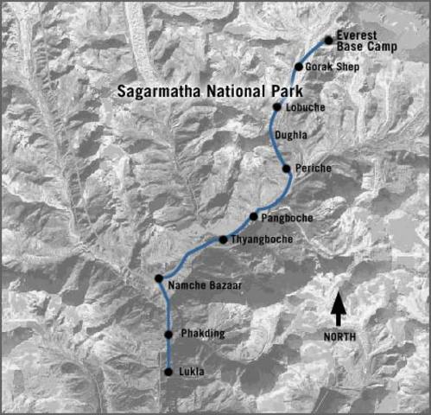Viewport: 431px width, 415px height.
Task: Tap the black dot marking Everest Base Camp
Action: [328, 40]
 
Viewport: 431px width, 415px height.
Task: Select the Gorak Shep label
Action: [332, 67]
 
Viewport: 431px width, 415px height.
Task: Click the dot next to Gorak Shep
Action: [299, 67]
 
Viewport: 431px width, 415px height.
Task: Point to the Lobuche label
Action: [304, 107]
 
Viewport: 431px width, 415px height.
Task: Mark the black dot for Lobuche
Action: [277, 107]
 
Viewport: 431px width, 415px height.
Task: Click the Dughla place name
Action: [291, 135]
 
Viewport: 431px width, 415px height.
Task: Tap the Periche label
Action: [313, 168]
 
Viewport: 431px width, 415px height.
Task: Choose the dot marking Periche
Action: [287, 169]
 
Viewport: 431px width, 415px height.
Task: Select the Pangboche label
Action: [288, 217]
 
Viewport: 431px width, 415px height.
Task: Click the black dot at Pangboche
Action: [254, 216]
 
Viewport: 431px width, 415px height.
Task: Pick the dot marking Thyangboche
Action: [223, 239]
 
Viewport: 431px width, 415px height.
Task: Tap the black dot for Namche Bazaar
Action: [159, 278]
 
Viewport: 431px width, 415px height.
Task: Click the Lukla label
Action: [196, 372]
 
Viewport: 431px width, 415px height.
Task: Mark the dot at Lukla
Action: [168, 372]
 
